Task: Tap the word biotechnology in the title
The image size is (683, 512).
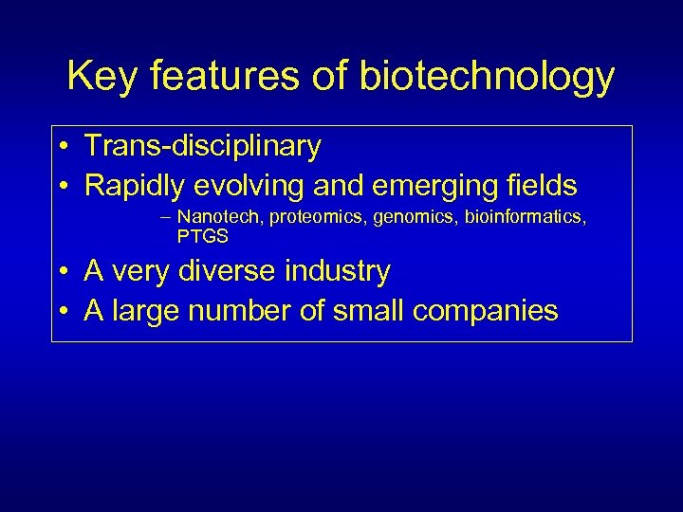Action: click(487, 77)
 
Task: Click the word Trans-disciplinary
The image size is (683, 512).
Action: click(203, 147)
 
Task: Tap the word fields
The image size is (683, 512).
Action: click(538, 184)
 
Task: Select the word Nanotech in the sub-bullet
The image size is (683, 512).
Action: click(221, 218)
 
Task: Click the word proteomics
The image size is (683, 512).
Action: click(319, 218)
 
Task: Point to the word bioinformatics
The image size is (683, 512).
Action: click(525, 218)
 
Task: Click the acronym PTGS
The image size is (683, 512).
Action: click(203, 236)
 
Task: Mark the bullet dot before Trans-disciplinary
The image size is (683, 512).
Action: click(62, 148)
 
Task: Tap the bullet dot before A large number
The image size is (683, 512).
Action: click(62, 311)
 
